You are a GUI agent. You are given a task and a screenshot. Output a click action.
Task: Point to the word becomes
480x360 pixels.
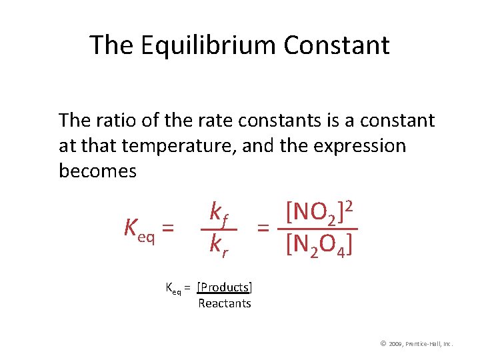tap(97, 171)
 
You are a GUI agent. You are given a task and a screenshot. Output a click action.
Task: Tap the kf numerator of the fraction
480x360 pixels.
tap(219, 213)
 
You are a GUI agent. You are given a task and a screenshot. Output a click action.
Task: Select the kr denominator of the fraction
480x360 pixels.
tap(219, 245)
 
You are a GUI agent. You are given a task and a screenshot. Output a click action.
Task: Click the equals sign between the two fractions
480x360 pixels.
tap(264, 229)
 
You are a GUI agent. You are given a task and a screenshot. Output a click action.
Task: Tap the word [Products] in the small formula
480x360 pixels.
tap(225, 287)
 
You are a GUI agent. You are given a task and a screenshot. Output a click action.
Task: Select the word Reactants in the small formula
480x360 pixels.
tap(225, 304)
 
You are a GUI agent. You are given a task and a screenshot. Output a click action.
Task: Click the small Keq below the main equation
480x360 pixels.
tap(173, 288)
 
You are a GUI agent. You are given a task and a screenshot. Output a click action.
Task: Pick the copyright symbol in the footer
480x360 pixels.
tap(383, 343)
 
